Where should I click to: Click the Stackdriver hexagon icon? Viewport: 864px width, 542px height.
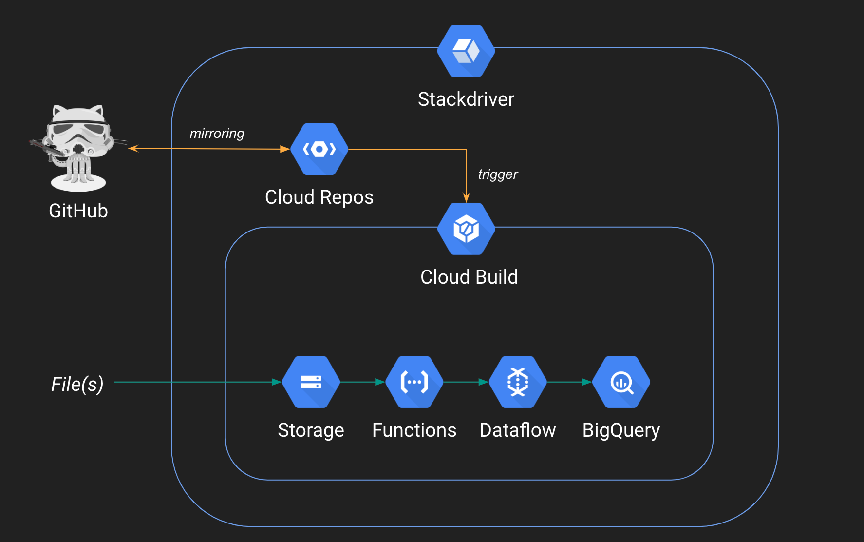[466, 51]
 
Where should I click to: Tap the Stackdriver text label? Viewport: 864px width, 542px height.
[466, 99]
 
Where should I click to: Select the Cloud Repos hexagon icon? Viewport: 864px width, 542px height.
[319, 149]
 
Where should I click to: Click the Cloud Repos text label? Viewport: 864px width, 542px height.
[319, 197]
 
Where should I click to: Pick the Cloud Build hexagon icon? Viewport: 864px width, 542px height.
[466, 229]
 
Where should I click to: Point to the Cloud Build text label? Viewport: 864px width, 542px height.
[469, 277]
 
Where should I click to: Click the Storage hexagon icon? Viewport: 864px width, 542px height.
[311, 382]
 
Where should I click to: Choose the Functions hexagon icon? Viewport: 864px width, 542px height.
[414, 382]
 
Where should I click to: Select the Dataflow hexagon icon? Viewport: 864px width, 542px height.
[518, 382]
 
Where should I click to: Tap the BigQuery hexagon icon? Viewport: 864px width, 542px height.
[621, 382]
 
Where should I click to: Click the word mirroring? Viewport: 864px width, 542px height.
[217, 133]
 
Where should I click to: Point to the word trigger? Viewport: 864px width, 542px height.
[498, 174]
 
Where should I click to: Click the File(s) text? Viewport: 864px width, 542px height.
[77, 384]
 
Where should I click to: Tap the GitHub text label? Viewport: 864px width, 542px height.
[78, 211]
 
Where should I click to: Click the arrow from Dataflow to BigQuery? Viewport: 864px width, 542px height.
[569, 382]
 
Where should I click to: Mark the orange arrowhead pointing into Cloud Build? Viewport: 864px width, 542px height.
[466, 197]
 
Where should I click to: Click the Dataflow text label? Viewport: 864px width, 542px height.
[518, 430]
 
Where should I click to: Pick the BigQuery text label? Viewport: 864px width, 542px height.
[621, 430]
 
